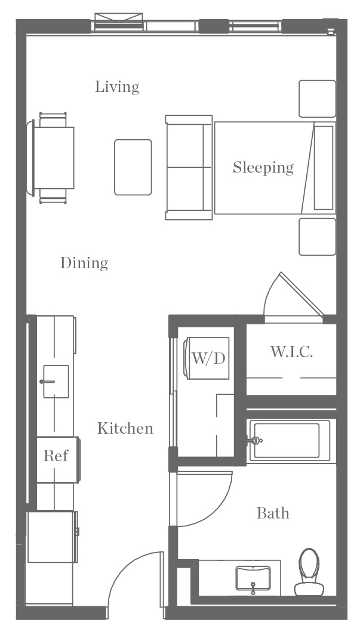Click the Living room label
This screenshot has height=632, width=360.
117,87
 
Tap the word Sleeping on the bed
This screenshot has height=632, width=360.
263,168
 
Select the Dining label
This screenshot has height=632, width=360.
84,263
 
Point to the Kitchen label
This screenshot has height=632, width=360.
125,428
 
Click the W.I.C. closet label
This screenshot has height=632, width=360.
291,352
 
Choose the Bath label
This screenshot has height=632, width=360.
273,513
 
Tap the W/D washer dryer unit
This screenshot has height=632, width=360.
207,358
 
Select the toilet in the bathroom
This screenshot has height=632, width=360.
309,572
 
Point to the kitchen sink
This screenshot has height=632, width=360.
56,381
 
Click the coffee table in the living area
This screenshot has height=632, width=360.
133,167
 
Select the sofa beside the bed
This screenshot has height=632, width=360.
189,168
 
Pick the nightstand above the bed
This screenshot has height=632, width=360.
318,99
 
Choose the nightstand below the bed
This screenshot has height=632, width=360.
318,237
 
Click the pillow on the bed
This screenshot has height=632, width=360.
324,168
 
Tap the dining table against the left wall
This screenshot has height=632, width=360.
54,158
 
